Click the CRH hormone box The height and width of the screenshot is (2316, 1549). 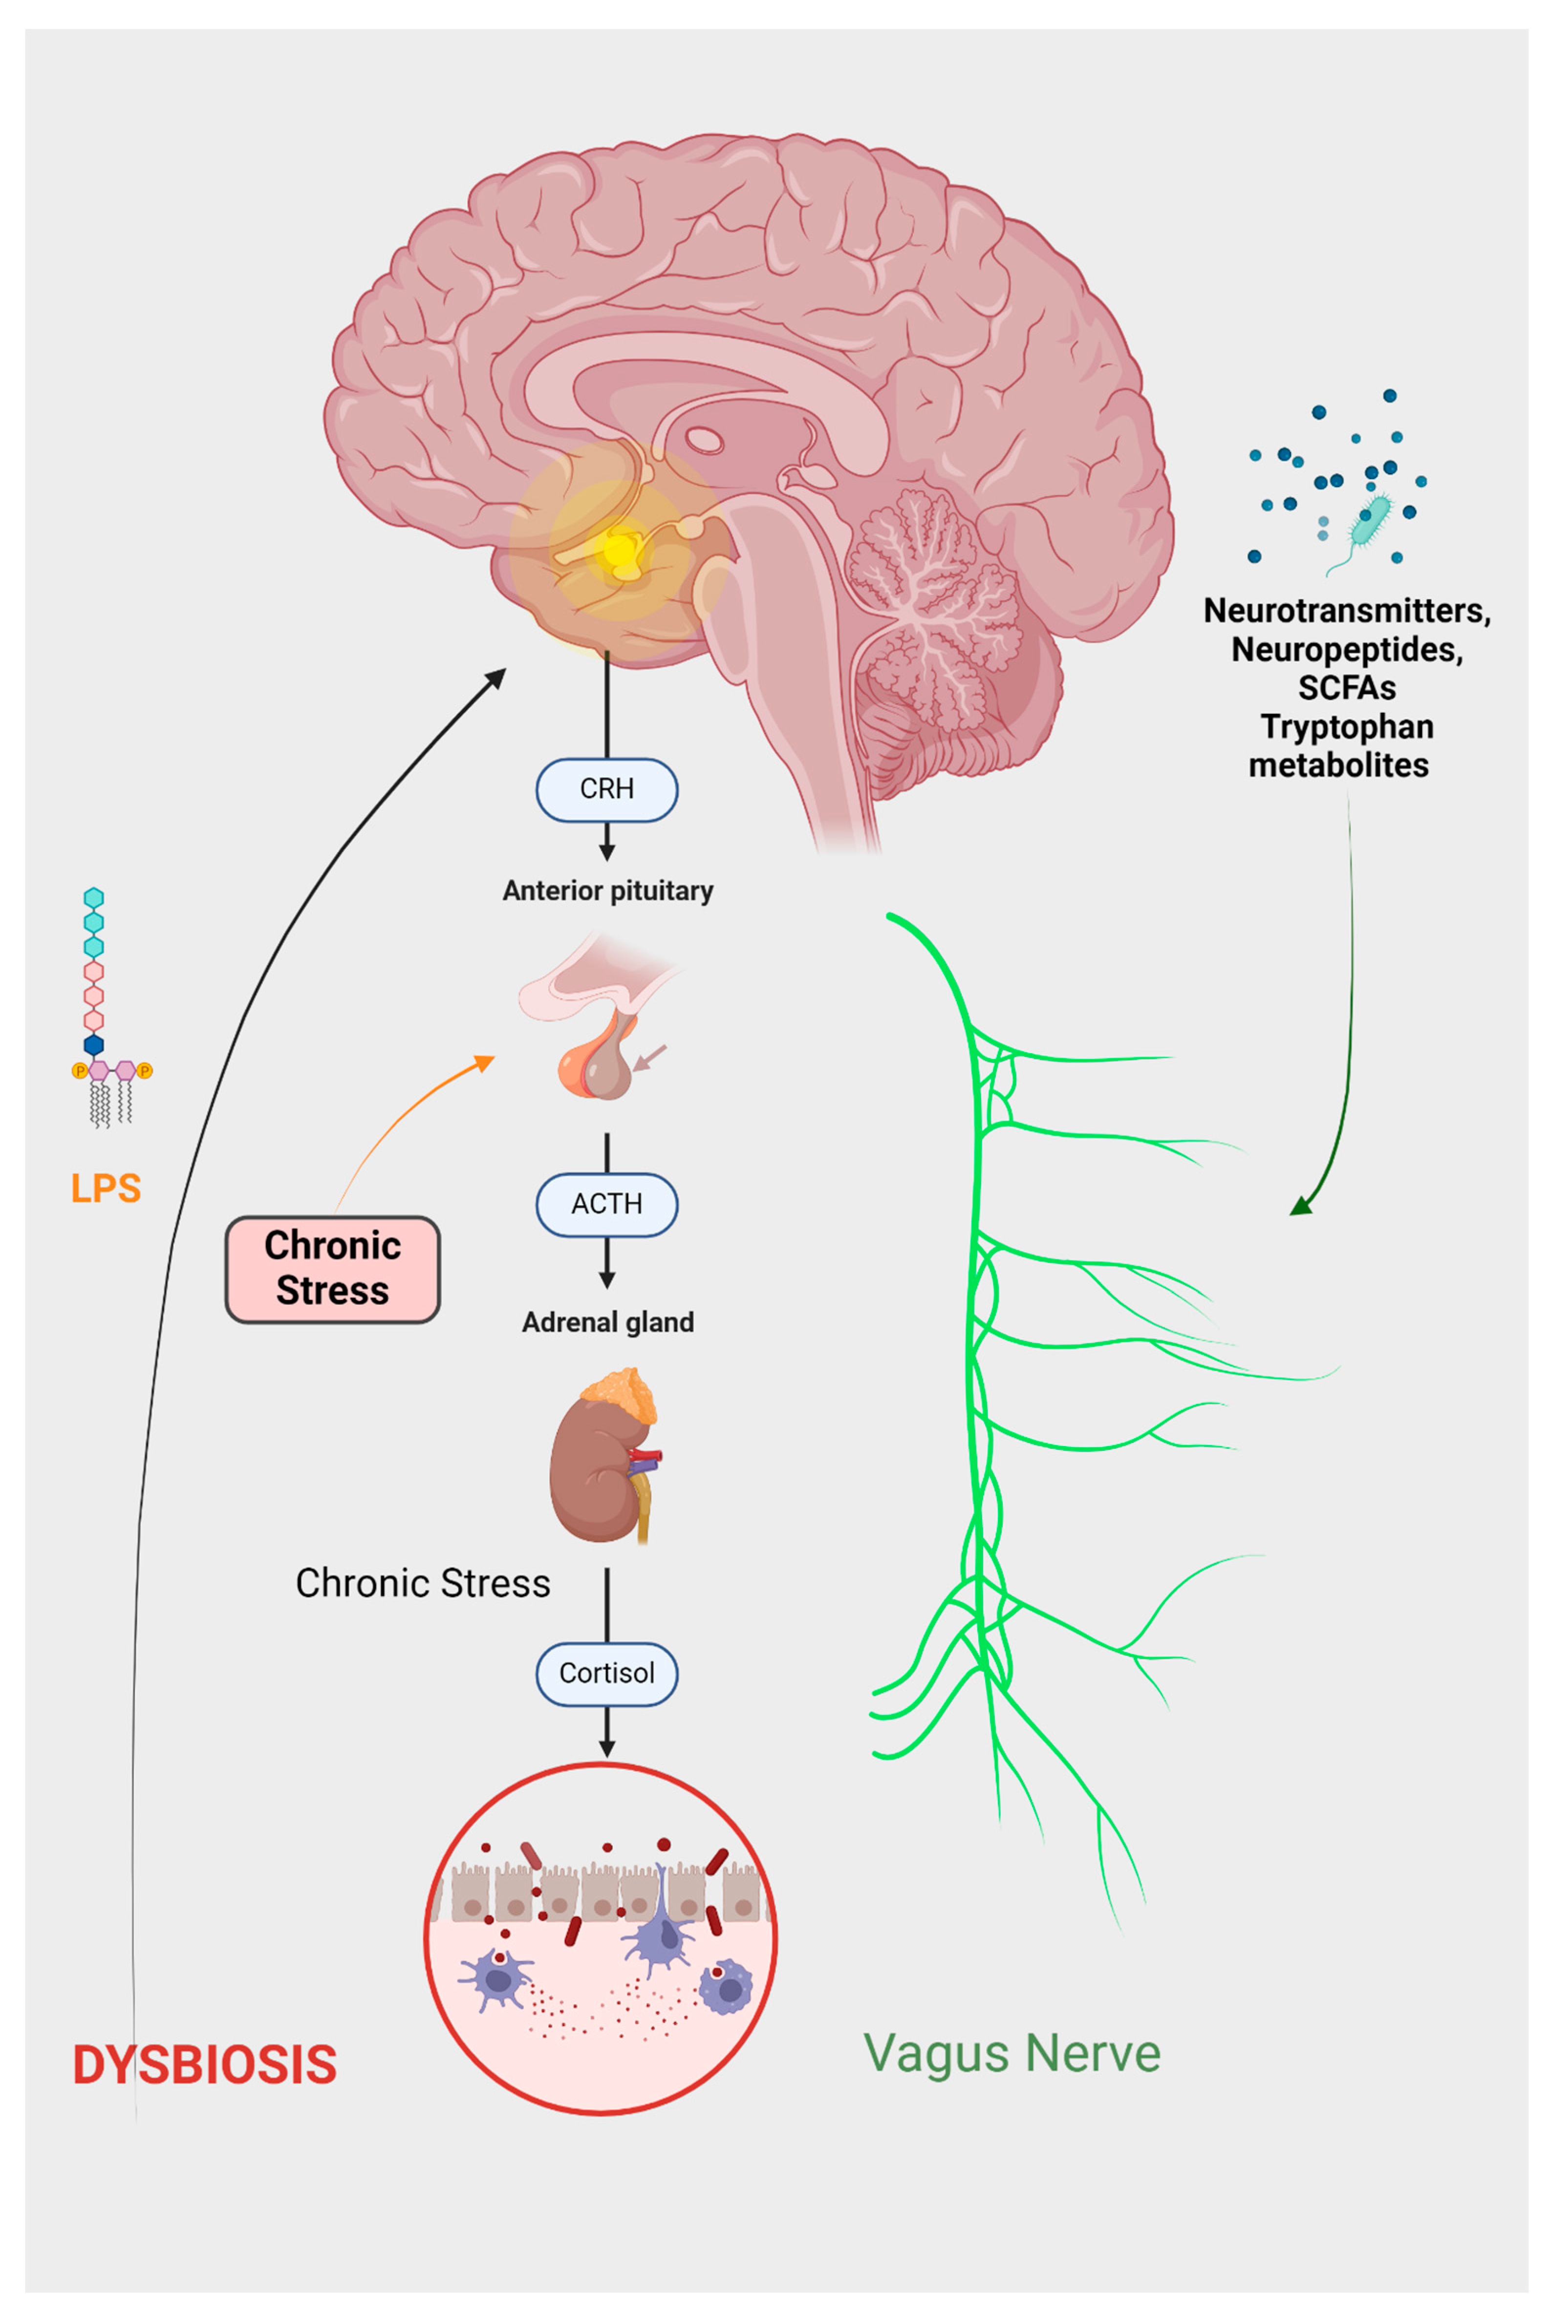pyautogui.click(x=606, y=789)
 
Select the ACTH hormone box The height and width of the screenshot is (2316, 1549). pyautogui.click(x=606, y=1204)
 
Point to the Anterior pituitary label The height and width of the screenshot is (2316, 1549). pyautogui.click(x=607, y=891)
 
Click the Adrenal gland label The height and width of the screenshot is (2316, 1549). pyautogui.click(x=607, y=1322)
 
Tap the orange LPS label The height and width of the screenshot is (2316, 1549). pyautogui.click(x=106, y=1188)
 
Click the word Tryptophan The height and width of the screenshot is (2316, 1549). pyautogui.click(x=1347, y=727)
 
